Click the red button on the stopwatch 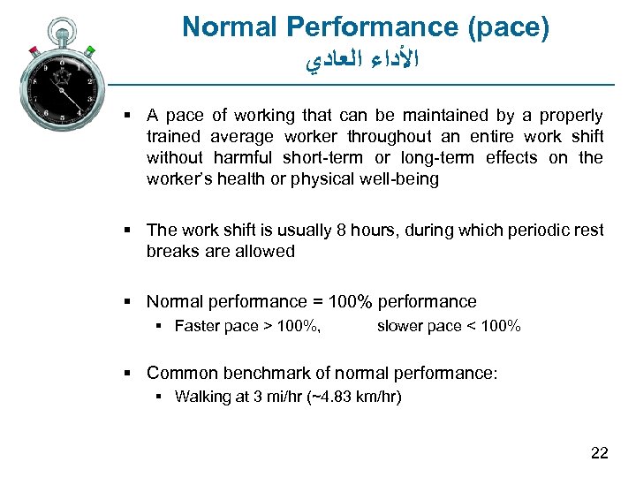click(x=33, y=49)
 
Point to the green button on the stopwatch click(x=89, y=50)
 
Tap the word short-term click(x=323, y=158)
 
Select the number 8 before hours click(x=341, y=231)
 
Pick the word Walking click(x=202, y=397)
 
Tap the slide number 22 click(x=599, y=453)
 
